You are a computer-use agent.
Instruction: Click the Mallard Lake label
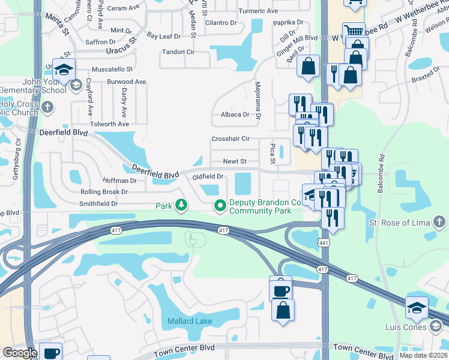[189, 321]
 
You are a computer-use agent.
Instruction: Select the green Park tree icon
[181, 206]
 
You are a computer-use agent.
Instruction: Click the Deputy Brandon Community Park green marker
[220, 206]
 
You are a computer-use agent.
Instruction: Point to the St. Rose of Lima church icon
[441, 223]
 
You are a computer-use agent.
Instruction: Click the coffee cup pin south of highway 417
[280, 289]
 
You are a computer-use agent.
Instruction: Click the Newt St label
[235, 161]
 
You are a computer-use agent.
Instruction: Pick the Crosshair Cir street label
[231, 139]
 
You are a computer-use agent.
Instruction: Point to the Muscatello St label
[112, 69]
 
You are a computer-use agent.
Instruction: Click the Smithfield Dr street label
[98, 203]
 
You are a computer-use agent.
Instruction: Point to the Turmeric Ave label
[258, 11]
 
